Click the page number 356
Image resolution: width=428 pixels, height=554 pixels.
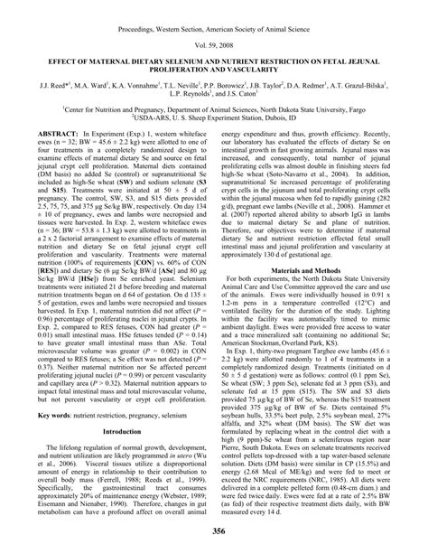(x=214, y=531)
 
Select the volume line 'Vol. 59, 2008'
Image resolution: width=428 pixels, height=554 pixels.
(x=214, y=42)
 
